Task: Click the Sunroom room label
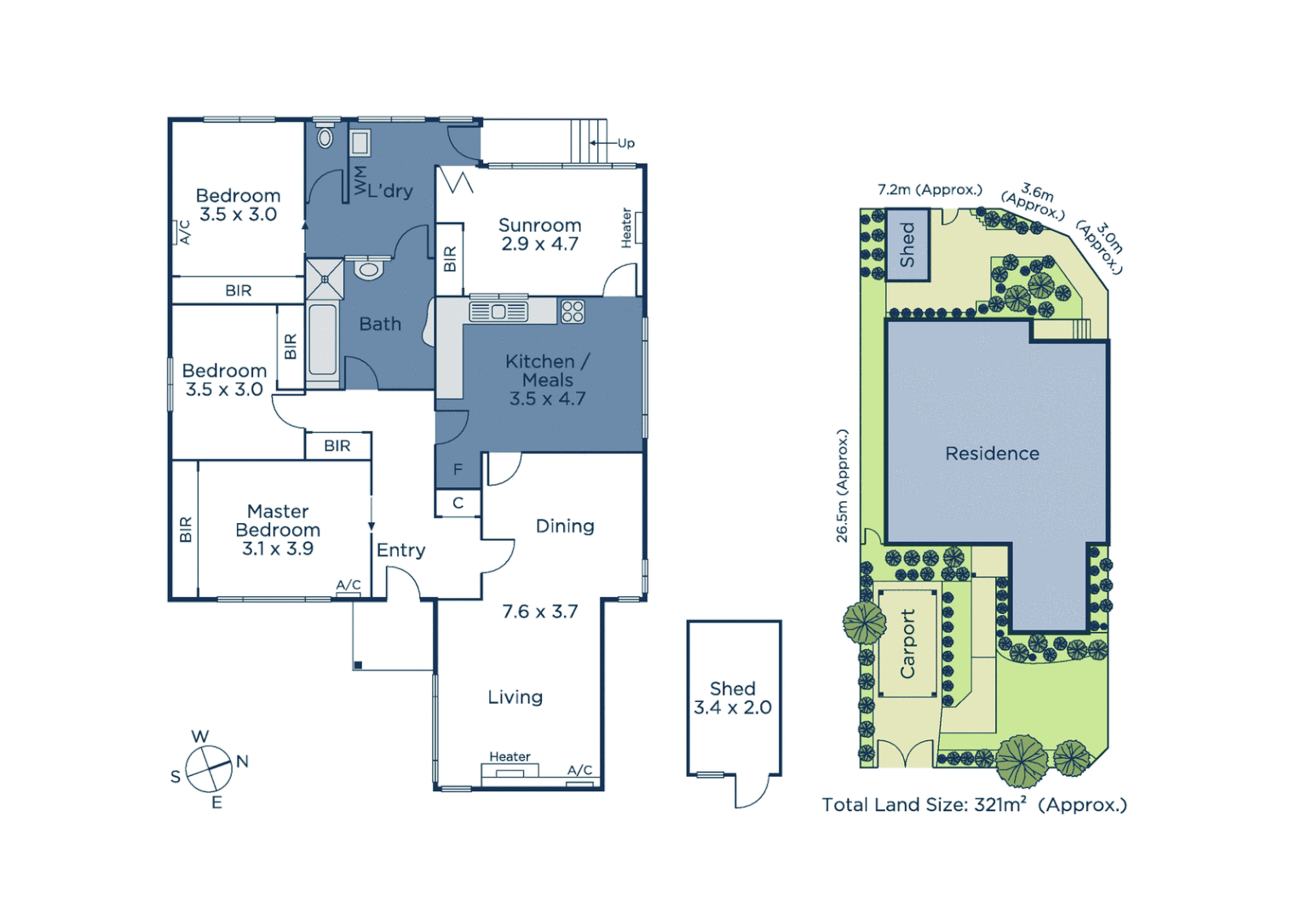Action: point(539,226)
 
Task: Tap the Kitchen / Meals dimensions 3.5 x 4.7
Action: point(547,399)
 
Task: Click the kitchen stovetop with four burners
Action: point(573,311)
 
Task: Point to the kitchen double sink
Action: point(498,312)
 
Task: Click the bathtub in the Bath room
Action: point(322,340)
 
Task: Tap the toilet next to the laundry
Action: point(325,136)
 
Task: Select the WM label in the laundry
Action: point(360,181)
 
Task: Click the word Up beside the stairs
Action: point(626,143)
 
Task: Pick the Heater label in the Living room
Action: point(510,756)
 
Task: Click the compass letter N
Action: point(242,762)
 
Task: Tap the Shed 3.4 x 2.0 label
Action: point(733,698)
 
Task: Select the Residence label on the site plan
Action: point(992,454)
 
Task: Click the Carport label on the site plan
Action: point(907,644)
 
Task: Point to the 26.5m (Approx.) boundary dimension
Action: point(842,486)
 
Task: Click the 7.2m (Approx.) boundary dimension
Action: point(930,190)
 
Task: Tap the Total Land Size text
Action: point(974,805)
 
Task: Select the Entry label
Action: point(400,550)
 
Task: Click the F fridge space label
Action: point(458,469)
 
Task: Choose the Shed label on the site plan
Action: point(907,245)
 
